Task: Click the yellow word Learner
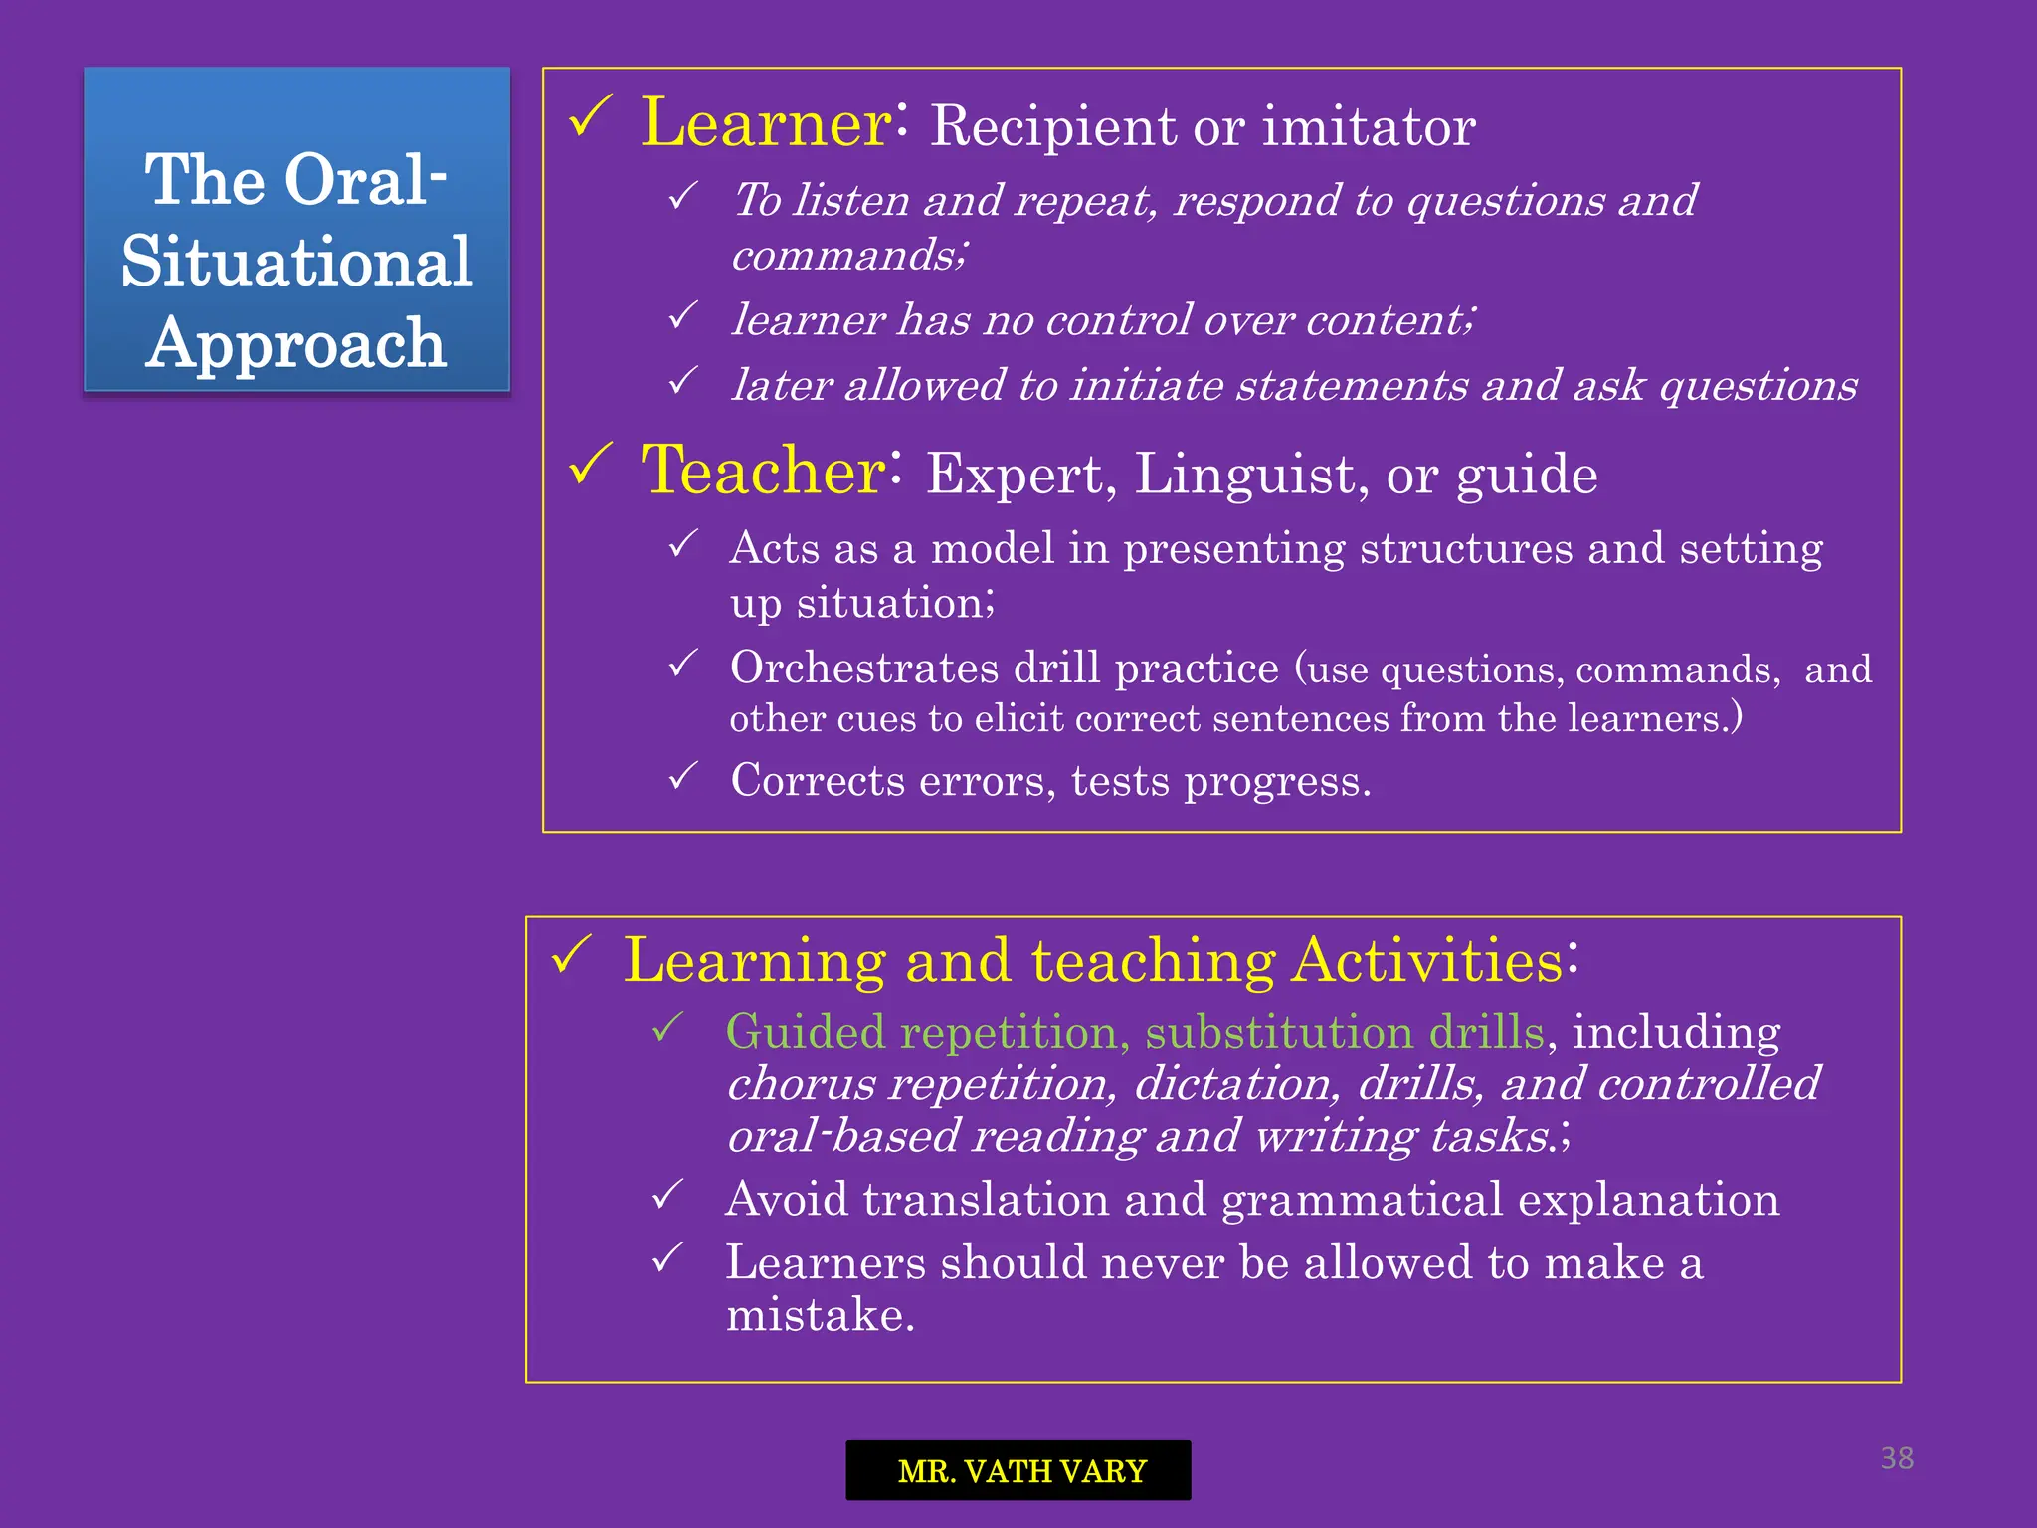[766, 124]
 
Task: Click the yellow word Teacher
[763, 472]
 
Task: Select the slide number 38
[1897, 1458]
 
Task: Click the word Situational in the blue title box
[296, 263]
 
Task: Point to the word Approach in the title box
[296, 344]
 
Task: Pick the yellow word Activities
[1427, 961]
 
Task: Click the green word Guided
[805, 1032]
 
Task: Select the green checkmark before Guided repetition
[667, 1027]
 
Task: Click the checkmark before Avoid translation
[667, 1194]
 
